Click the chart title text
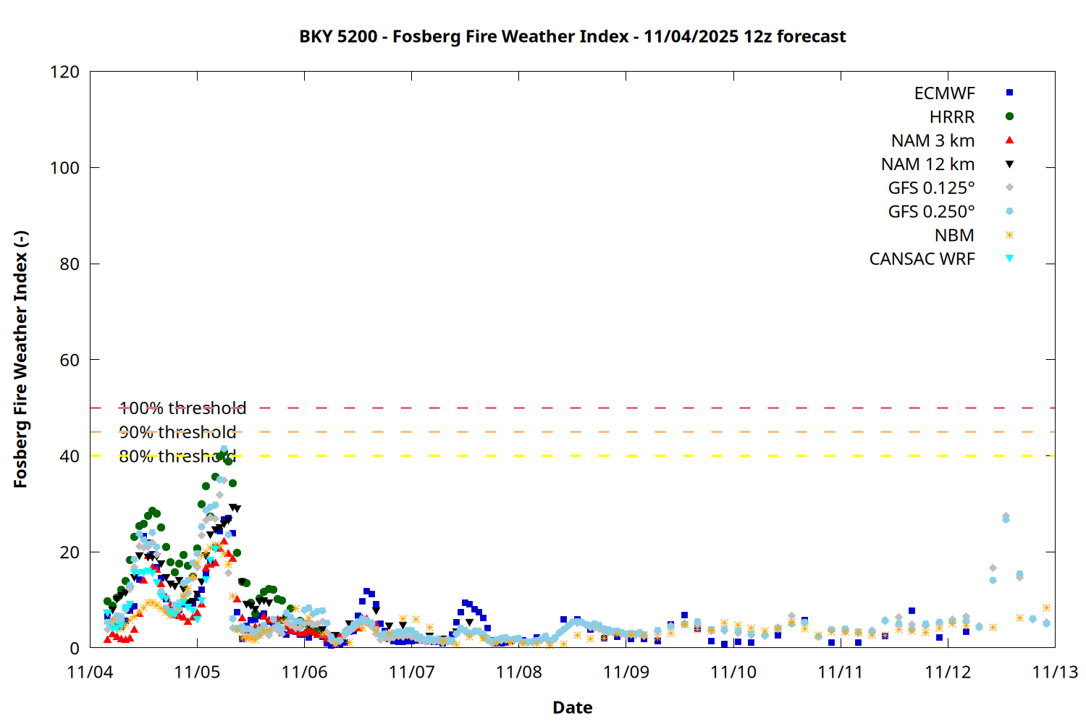(572, 36)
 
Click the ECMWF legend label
(944, 93)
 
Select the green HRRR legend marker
(1009, 117)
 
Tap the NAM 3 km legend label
(933, 140)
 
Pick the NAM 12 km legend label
(927, 164)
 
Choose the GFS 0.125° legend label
(931, 188)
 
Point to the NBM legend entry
(954, 235)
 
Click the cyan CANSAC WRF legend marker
(1009, 258)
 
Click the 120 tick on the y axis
(65, 72)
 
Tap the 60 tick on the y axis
(70, 360)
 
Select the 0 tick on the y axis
(74, 648)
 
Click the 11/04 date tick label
(90, 672)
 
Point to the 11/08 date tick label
(518, 672)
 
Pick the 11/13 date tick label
(1054, 672)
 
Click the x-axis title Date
(572, 707)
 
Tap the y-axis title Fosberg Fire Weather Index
(20, 360)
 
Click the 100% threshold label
(182, 408)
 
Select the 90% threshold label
(177, 432)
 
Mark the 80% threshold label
(177, 456)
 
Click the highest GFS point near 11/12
(1006, 516)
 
